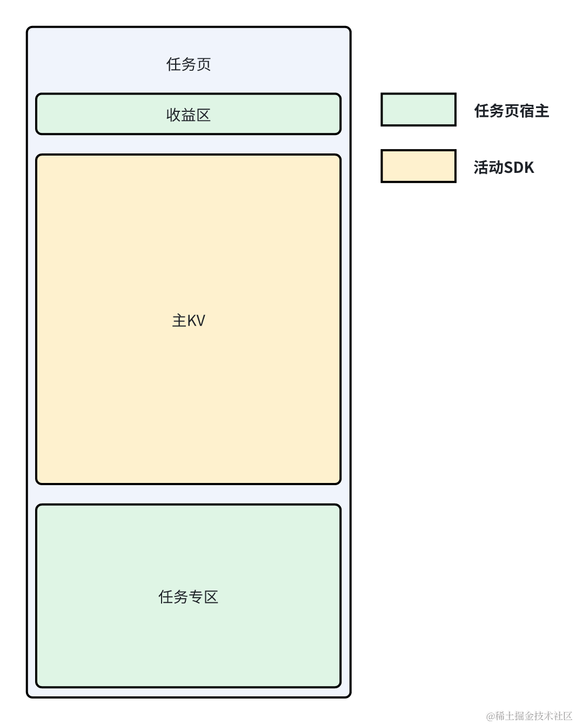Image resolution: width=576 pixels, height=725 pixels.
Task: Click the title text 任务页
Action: (189, 64)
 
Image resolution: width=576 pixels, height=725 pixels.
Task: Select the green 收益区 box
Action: (189, 114)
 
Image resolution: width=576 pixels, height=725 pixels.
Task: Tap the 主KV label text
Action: (189, 320)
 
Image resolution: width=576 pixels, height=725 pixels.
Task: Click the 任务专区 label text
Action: (189, 596)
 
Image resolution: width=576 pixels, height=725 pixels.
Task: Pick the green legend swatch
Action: (418, 110)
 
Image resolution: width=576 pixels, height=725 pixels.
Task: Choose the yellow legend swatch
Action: (418, 166)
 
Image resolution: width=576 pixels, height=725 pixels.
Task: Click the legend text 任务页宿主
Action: (512, 111)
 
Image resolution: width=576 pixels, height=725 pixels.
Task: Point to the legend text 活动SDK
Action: (504, 167)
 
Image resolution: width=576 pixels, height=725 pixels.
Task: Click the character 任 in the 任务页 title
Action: (173, 64)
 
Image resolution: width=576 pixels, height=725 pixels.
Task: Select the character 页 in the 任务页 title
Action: (204, 64)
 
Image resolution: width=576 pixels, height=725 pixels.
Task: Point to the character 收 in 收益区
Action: (173, 115)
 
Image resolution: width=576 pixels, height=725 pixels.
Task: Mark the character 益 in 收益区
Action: (189, 115)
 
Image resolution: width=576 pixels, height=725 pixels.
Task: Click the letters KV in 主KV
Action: (196, 321)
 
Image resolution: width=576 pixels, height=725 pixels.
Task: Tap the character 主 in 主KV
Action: (179, 320)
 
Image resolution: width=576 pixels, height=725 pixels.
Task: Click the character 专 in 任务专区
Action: (196, 596)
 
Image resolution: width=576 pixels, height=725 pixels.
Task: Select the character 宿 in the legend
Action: (527, 111)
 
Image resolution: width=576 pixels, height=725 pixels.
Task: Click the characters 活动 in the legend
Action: (488, 167)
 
